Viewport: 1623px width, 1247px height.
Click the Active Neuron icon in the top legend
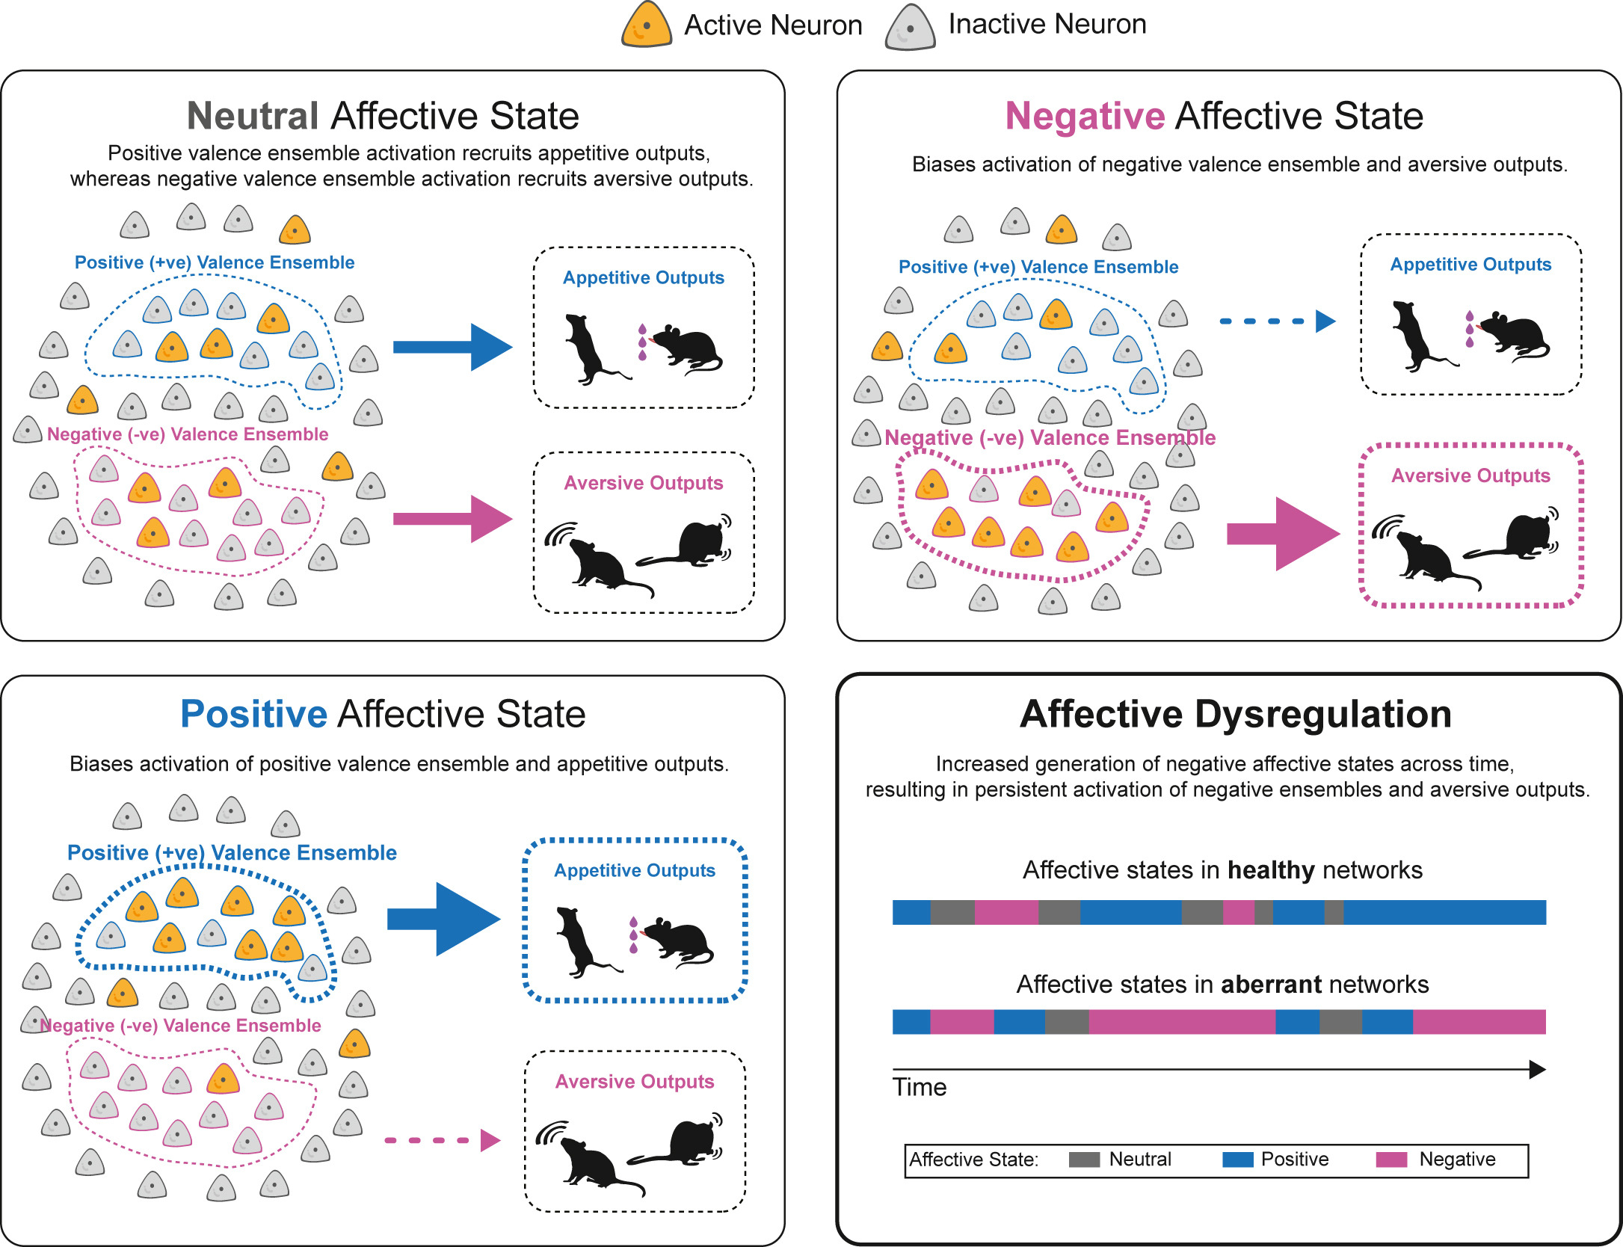click(646, 25)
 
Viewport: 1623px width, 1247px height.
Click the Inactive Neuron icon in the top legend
click(910, 28)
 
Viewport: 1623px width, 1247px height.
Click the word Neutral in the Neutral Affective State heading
click(253, 116)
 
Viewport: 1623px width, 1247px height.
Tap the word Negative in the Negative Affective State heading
click(1085, 116)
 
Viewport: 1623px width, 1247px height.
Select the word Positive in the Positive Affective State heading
click(253, 714)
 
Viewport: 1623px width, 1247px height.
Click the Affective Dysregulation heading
click(1235, 714)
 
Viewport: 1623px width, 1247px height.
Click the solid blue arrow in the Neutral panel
click(452, 347)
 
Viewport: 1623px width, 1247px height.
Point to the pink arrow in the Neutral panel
click(452, 519)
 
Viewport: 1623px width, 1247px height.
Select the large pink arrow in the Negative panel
click(1283, 534)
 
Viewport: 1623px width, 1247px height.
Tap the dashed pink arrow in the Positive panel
click(441, 1140)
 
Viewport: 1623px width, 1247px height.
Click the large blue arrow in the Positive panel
click(444, 919)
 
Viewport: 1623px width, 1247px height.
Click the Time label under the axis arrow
click(919, 1087)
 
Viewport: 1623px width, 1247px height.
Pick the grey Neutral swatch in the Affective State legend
click(1084, 1160)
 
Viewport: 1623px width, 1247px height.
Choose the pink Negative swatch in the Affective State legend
click(1391, 1160)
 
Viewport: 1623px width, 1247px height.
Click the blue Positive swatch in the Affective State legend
click(1237, 1160)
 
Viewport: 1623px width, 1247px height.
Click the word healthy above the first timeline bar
click(1270, 870)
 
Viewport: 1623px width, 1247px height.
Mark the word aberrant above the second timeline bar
click(1270, 985)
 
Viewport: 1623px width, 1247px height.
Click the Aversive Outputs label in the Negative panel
click(1470, 475)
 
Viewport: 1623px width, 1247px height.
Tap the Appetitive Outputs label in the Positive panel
click(634, 870)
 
